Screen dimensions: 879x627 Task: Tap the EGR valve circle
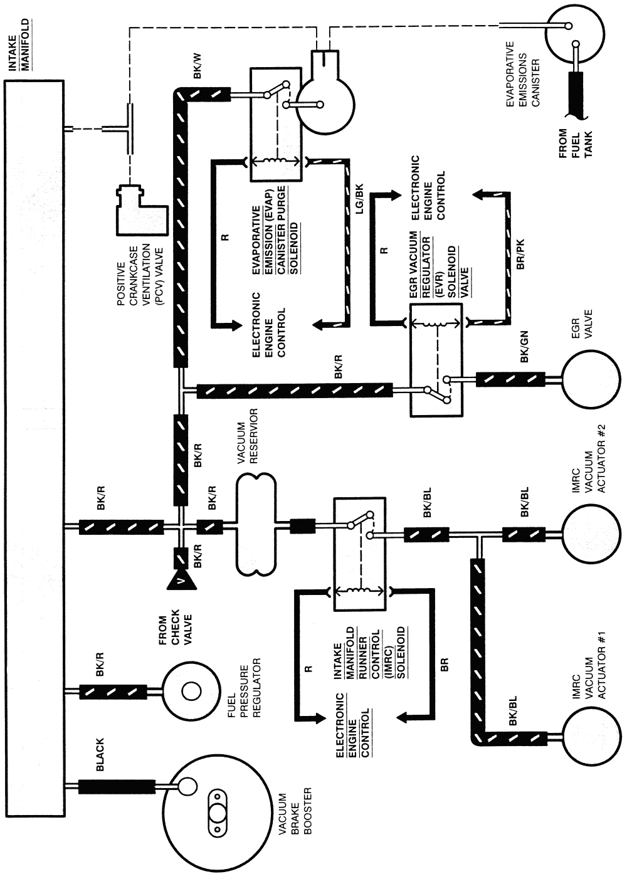click(589, 380)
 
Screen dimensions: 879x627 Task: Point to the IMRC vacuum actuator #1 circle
click(589, 737)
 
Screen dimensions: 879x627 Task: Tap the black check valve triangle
click(182, 581)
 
